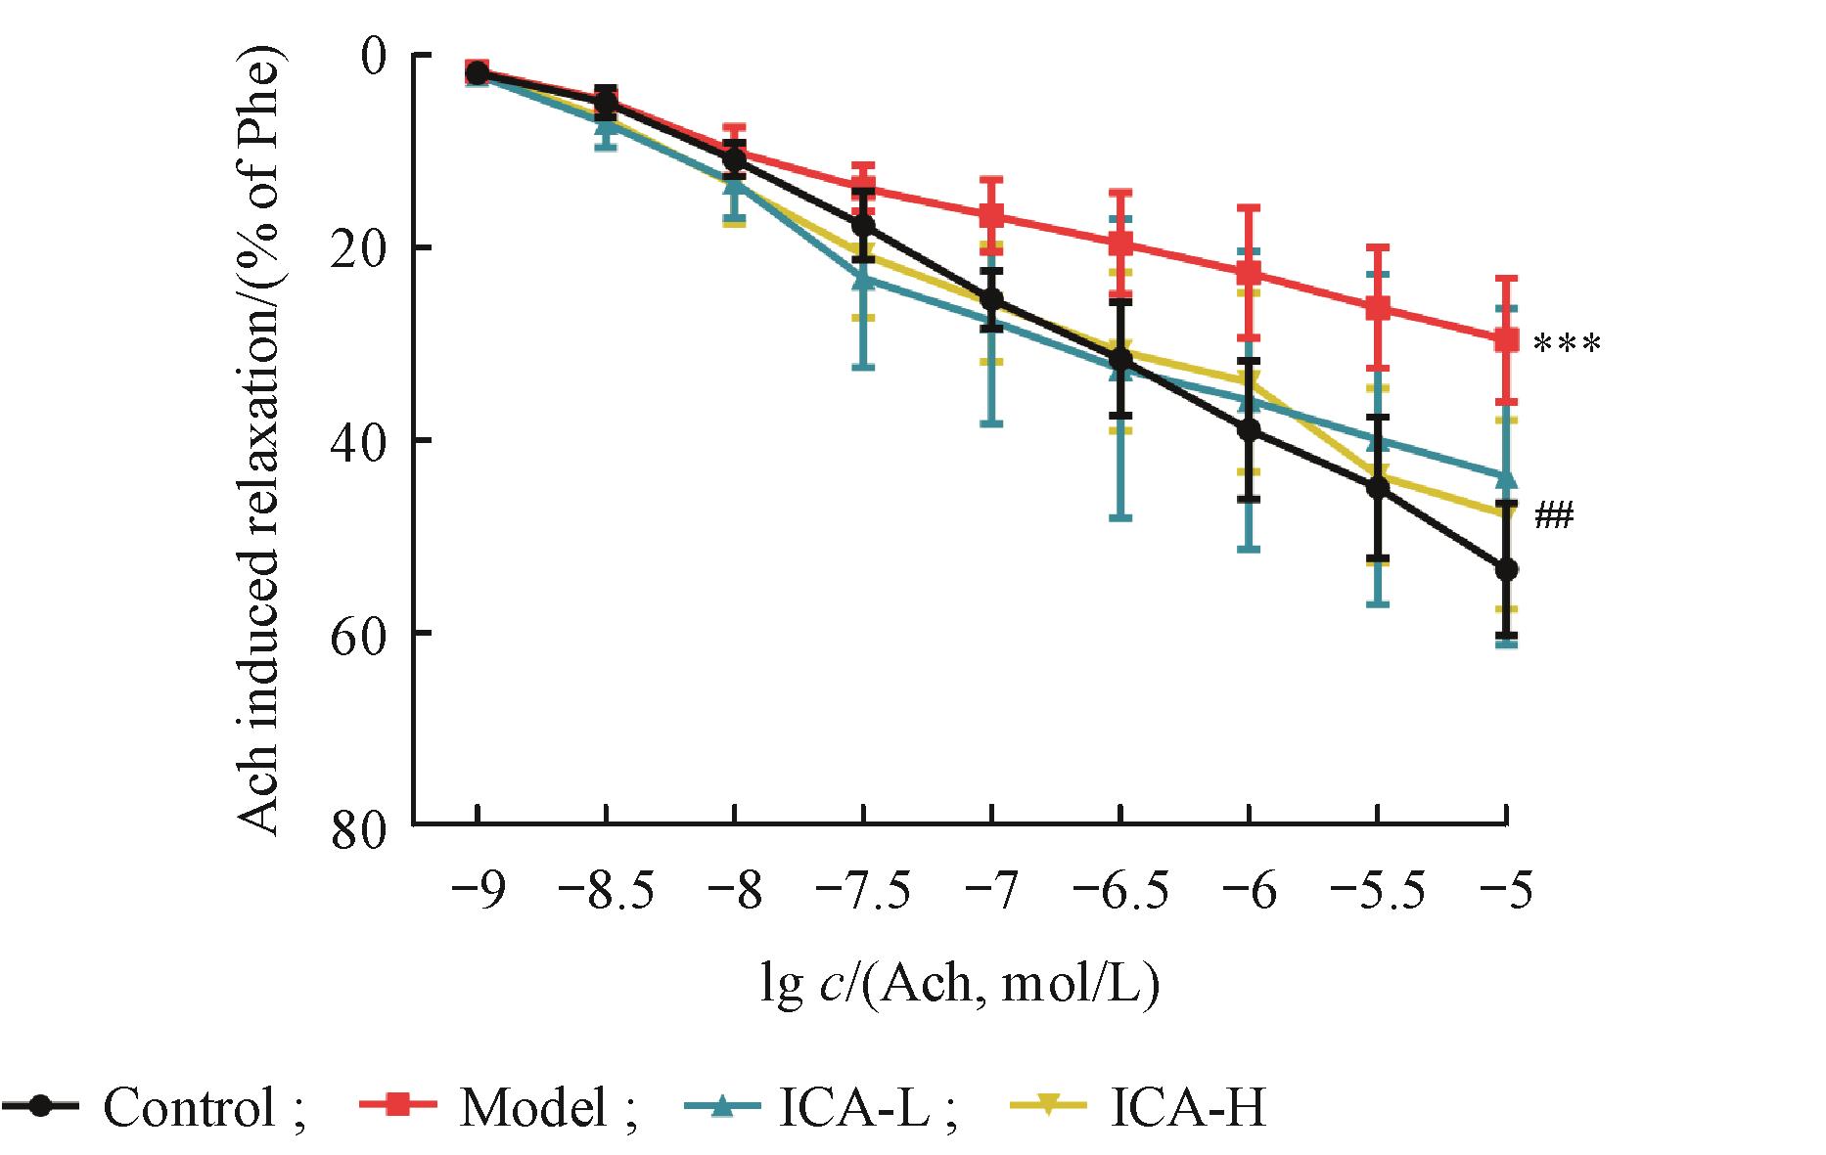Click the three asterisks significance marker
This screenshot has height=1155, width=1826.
tap(1567, 344)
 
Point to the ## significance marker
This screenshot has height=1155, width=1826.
tap(1553, 515)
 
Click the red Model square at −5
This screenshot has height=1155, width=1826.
tap(1507, 339)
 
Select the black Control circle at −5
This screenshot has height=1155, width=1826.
tap(1507, 569)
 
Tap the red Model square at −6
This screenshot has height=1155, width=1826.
tap(1249, 272)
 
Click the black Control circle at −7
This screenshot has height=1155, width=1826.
tap(992, 298)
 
